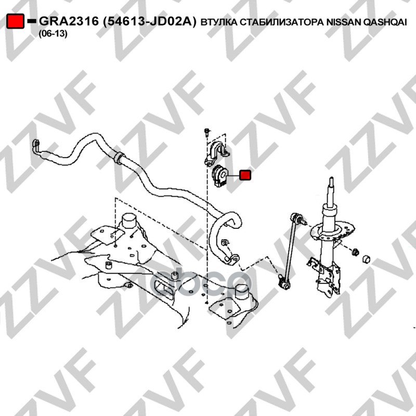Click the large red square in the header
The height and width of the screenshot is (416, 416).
pos(16,21)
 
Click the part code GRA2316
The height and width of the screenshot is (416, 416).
pos(69,21)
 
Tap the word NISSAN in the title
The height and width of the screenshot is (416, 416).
pos(343,22)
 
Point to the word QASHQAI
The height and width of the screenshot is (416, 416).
pos(384,22)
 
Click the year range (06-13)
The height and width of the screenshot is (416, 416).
pos(53,34)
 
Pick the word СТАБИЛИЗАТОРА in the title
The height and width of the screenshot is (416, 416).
pos(282,22)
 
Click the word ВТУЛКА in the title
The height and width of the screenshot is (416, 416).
pos(219,22)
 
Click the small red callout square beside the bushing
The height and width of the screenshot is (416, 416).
pos(245,175)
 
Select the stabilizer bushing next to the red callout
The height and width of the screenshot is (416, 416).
pos(219,176)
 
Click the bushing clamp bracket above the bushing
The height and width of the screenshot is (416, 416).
pos(216,153)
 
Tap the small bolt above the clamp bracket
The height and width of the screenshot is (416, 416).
pos(207,132)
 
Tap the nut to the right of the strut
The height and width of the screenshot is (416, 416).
pos(355,252)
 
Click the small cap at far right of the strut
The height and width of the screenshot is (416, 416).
pos(367,259)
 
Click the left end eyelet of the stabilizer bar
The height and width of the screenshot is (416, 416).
pos(36,146)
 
